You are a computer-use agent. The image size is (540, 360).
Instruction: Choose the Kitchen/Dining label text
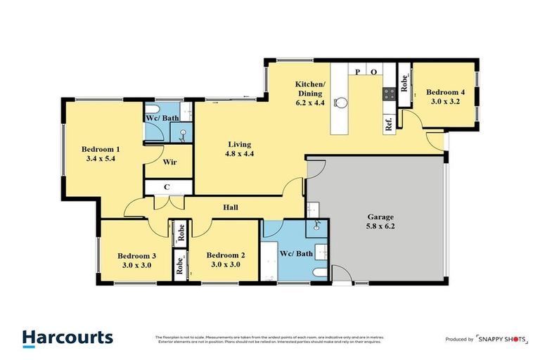[x=309, y=89]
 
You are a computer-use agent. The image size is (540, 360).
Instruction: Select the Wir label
[x=169, y=162]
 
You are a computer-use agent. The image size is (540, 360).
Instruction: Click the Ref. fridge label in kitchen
[x=388, y=124]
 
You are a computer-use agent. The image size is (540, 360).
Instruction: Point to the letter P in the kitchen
[x=358, y=72]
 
